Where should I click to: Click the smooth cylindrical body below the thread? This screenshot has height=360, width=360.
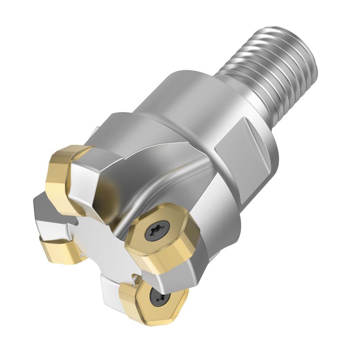point(173,97)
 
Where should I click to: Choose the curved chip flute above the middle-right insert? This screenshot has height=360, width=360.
point(151,187)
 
